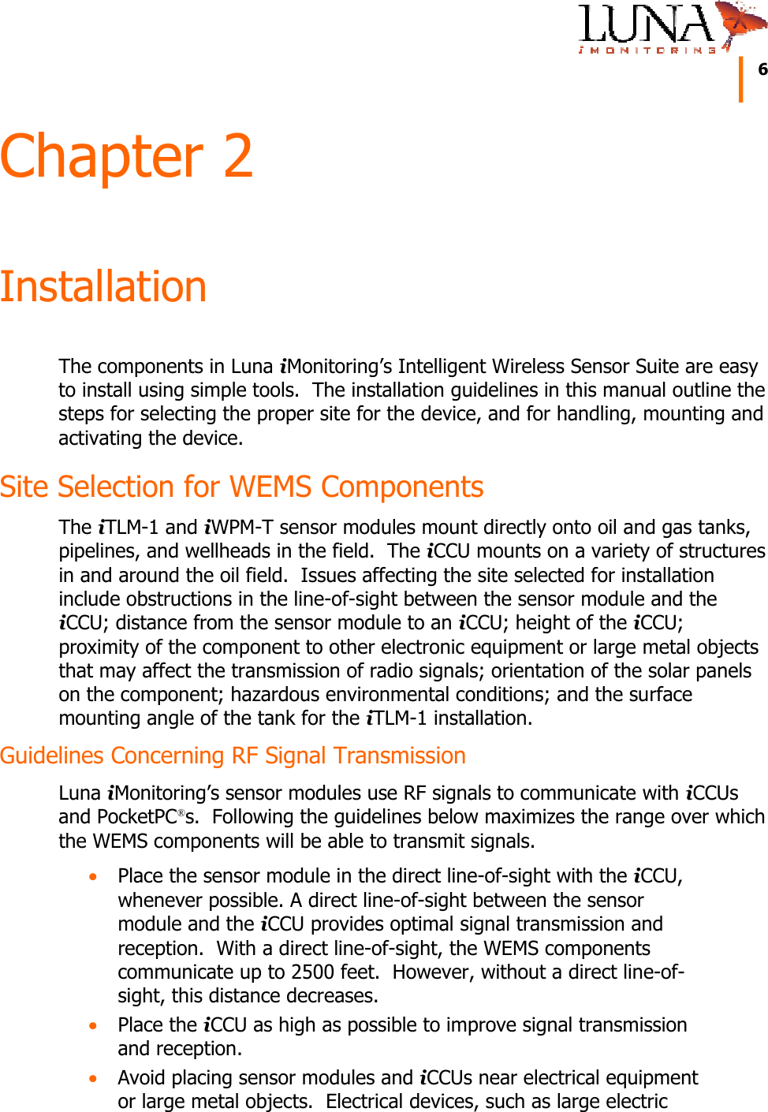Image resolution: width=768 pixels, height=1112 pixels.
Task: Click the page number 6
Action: tap(762, 69)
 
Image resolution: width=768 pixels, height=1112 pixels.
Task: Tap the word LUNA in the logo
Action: tap(645, 24)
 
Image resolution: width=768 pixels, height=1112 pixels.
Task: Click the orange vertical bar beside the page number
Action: tap(741, 79)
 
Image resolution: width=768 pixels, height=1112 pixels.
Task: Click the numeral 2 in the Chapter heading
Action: tap(237, 156)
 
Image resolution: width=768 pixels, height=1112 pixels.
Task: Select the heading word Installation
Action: tap(103, 286)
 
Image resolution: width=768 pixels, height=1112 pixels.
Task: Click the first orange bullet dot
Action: tap(94, 876)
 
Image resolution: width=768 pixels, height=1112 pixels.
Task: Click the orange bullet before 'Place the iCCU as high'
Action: tap(94, 1025)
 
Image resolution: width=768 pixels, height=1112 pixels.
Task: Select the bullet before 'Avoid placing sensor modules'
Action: tap(94, 1078)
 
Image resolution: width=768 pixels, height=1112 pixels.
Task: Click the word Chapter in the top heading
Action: tap(102, 156)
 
